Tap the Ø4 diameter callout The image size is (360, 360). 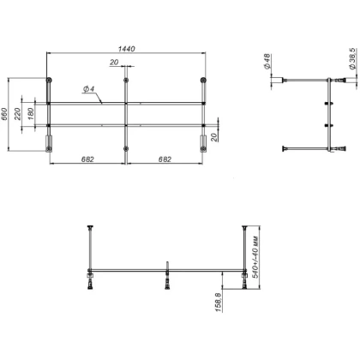click(x=88, y=89)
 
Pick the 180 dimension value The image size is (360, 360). click(x=32, y=114)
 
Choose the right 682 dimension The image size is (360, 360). click(x=165, y=159)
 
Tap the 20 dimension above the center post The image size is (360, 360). click(x=113, y=63)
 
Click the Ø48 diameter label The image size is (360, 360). click(x=267, y=61)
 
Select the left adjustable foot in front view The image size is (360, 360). click(x=89, y=280)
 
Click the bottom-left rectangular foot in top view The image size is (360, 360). click(x=50, y=141)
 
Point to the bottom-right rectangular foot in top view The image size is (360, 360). click(x=203, y=141)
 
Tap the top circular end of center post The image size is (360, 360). click(x=127, y=81)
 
